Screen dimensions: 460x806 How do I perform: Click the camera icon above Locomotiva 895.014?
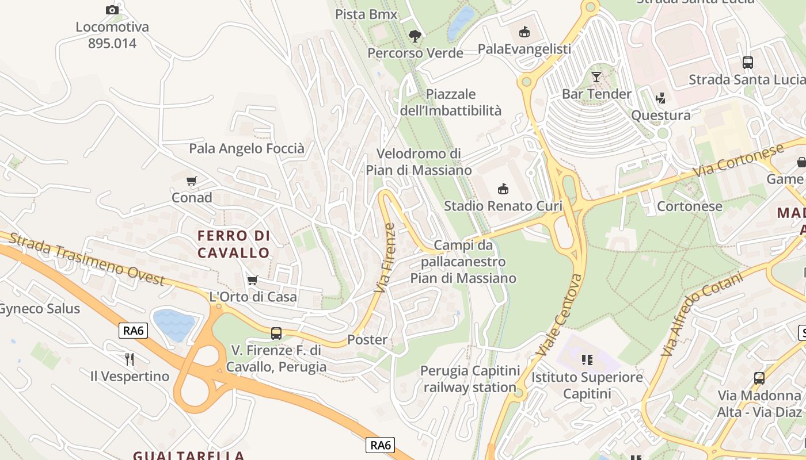[x=112, y=10]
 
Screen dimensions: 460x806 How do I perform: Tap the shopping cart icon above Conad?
[x=192, y=181]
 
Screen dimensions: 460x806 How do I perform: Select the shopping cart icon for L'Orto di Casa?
[x=252, y=280]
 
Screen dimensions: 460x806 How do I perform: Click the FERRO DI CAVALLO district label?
[x=233, y=244]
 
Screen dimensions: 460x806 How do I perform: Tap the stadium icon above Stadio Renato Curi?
[x=503, y=189]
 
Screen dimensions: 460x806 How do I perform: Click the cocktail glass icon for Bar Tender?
[x=596, y=76]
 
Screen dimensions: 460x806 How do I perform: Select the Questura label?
[x=661, y=116]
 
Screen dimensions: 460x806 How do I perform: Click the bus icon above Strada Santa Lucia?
[x=748, y=63]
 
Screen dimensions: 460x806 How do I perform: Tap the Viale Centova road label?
[x=558, y=315]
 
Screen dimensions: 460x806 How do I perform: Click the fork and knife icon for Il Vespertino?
[x=130, y=359]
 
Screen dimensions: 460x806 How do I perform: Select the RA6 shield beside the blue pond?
[x=134, y=331]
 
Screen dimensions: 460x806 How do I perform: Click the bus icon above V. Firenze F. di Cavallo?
[x=276, y=333]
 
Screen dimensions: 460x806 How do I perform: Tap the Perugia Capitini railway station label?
[x=470, y=379]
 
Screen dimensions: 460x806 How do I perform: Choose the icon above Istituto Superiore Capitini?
[x=587, y=360]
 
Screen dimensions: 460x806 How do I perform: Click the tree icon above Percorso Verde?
[x=415, y=36]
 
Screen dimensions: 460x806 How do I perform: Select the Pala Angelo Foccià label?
[x=246, y=149]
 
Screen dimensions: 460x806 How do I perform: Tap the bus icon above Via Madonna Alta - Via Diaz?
[x=759, y=378]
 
